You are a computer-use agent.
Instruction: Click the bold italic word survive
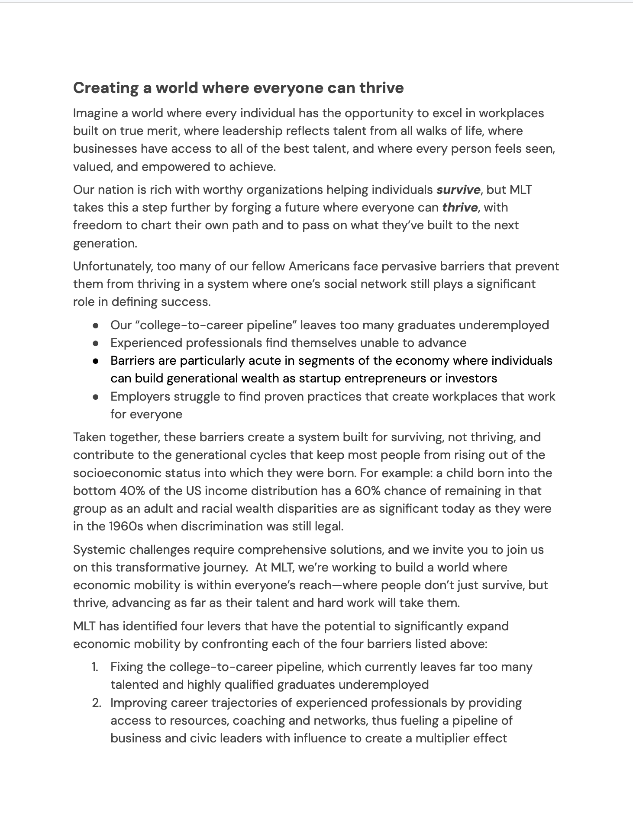coord(458,190)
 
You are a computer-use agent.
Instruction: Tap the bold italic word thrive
coord(459,208)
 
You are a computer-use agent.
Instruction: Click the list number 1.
coord(95,667)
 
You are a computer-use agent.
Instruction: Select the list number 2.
coord(96,703)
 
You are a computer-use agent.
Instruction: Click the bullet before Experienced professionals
coord(96,344)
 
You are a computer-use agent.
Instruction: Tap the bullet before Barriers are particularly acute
coord(96,361)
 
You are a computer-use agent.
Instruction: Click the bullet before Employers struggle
coord(96,397)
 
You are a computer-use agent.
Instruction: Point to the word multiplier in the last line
coord(442,738)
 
